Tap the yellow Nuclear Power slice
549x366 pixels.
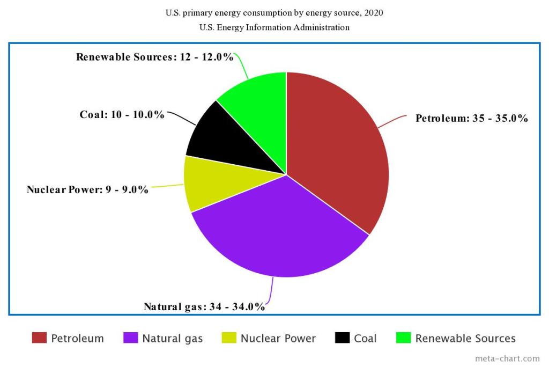coord(206,182)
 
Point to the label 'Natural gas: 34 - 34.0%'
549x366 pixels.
coord(204,307)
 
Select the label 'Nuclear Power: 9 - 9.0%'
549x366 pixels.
coord(87,189)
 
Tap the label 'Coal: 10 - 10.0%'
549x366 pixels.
coord(122,115)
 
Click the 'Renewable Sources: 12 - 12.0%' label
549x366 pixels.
coord(155,57)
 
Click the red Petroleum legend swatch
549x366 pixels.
coord(39,338)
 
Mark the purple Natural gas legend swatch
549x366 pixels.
coord(131,338)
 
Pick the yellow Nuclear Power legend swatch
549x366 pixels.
coord(229,338)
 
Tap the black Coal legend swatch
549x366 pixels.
coord(343,338)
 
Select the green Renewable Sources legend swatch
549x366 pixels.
coord(403,338)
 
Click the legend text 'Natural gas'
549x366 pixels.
coord(173,339)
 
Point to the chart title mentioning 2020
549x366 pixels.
coord(274,13)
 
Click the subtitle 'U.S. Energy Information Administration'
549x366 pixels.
coord(274,27)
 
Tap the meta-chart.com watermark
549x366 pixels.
coord(508,358)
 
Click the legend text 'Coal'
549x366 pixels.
coord(365,339)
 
